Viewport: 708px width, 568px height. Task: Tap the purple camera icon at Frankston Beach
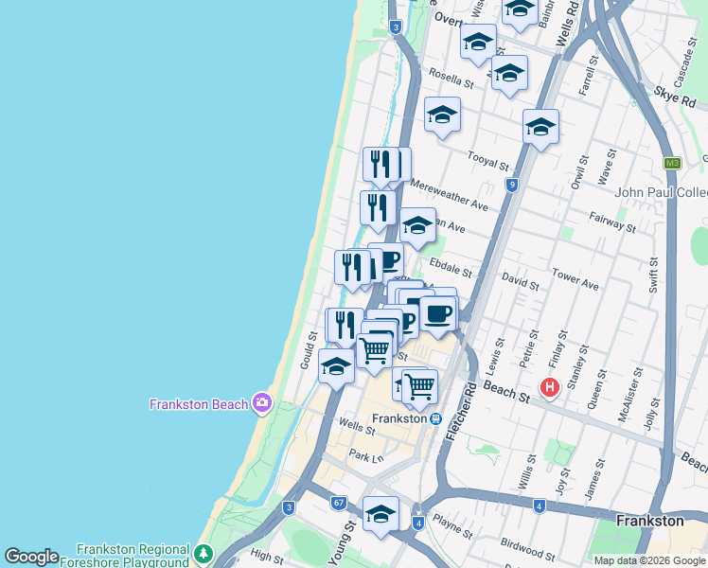[262, 403]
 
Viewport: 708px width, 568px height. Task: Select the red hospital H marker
[549, 387]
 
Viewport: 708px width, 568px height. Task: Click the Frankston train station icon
[434, 418]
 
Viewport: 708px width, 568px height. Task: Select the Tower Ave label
[576, 282]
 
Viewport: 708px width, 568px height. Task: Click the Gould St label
[308, 350]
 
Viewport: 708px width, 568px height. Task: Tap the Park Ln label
[363, 455]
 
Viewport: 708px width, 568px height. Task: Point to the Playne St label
[453, 522]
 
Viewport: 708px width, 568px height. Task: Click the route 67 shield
[338, 502]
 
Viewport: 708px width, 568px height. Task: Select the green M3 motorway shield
[673, 163]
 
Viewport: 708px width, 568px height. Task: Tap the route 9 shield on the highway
[511, 185]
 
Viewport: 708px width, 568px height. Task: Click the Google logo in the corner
[31, 556]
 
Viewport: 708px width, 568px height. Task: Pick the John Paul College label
[662, 192]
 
